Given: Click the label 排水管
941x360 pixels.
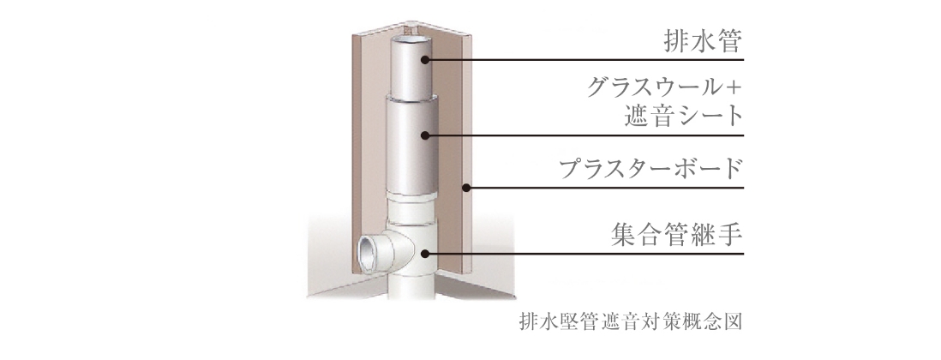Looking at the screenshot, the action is click(703, 41).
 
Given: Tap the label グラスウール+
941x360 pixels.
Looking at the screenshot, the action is click(664, 88).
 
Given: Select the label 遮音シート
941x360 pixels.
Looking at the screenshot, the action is click(684, 116).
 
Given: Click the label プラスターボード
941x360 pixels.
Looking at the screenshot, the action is click(651, 169).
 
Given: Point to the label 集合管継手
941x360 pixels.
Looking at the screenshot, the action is click(677, 235).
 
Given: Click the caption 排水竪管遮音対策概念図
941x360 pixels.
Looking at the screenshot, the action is click(631, 321).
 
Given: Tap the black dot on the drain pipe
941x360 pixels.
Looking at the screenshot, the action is click(425, 59).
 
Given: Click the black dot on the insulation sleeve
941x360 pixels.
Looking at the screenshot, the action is click(425, 135).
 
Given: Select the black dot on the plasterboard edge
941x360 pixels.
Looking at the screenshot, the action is click(466, 188).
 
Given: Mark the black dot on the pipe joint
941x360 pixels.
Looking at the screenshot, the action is click(425, 254).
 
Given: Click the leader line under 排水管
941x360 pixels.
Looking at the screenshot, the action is click(584, 60).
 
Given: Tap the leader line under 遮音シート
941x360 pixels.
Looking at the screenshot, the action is click(584, 135).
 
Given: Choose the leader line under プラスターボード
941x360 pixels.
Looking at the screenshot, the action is click(605, 188).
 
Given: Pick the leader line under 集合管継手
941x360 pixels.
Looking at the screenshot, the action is click(584, 254).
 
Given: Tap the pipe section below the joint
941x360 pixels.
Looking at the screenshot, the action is click(411, 287).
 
